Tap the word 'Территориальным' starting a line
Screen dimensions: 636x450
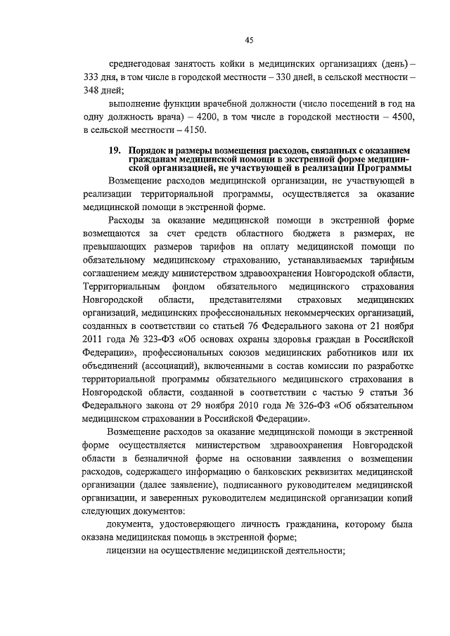pyautogui.click(x=120, y=287)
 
